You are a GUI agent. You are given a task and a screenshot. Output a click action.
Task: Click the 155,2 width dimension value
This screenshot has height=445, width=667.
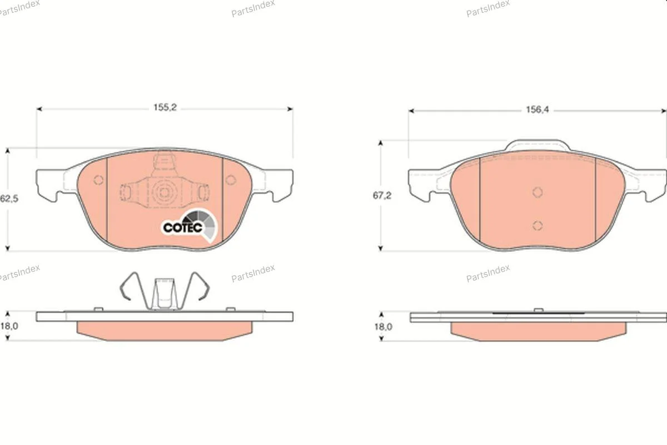click(x=165, y=107)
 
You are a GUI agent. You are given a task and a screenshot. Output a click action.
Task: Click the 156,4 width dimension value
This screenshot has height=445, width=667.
click(x=537, y=110)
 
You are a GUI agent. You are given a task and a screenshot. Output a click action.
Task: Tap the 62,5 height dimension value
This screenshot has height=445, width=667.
click(x=9, y=199)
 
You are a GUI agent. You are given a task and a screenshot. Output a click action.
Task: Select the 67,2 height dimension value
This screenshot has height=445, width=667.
click(x=382, y=196)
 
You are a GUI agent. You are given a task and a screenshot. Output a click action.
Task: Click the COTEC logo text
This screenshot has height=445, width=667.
click(x=183, y=228)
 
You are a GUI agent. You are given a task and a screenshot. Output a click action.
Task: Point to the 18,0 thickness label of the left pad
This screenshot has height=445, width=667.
click(x=9, y=326)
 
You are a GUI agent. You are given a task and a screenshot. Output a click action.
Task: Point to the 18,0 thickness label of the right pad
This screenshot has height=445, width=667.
click(x=383, y=327)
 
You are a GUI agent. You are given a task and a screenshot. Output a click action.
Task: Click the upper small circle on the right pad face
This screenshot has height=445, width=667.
click(x=537, y=192)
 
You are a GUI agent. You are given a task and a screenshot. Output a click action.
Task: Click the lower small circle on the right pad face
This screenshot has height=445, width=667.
click(x=537, y=226)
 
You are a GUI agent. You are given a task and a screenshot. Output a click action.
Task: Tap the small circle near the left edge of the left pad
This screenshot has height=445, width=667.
click(x=98, y=180)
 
